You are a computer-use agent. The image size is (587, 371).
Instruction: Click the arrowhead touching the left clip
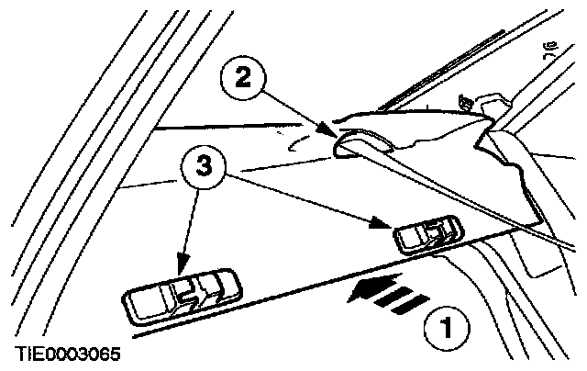point(183,269)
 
